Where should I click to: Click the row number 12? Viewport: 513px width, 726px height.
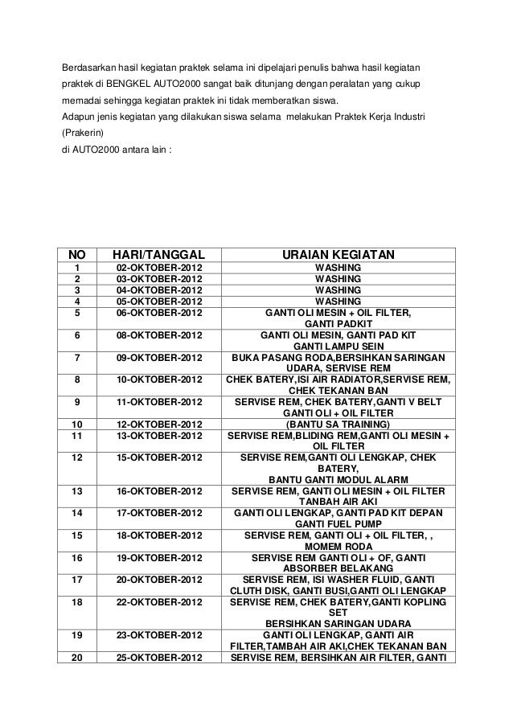coord(77,457)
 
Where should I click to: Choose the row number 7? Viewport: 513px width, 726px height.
coord(77,358)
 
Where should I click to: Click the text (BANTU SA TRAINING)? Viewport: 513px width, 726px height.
coord(338,424)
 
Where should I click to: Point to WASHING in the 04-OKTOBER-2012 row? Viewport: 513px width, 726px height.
coord(338,290)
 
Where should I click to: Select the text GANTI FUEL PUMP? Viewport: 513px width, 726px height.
coord(338,524)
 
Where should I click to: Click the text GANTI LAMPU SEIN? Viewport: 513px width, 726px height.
coord(338,347)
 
